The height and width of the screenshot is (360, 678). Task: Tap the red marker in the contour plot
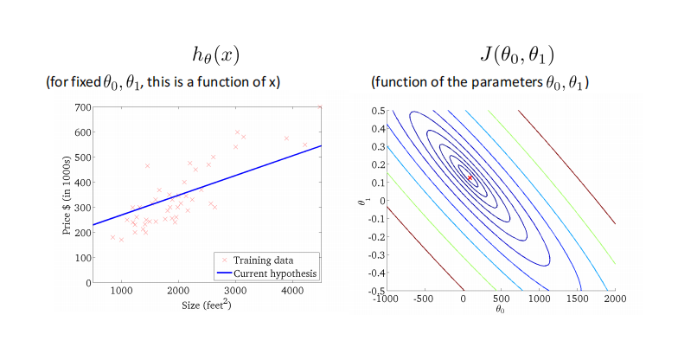click(470, 177)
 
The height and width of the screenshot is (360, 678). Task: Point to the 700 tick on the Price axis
click(83, 107)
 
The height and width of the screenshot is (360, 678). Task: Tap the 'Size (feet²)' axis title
click(207, 305)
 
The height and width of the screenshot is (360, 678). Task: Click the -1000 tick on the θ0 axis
click(387, 299)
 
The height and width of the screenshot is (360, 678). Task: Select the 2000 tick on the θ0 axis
click(614, 299)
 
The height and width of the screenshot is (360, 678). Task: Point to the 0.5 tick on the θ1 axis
click(375, 111)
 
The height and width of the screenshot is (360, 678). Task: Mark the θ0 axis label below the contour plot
click(500, 309)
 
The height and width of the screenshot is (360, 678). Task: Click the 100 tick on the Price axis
click(83, 258)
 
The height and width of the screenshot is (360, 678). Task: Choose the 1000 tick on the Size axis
click(121, 291)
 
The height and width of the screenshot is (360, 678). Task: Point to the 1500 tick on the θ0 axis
click(576, 299)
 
